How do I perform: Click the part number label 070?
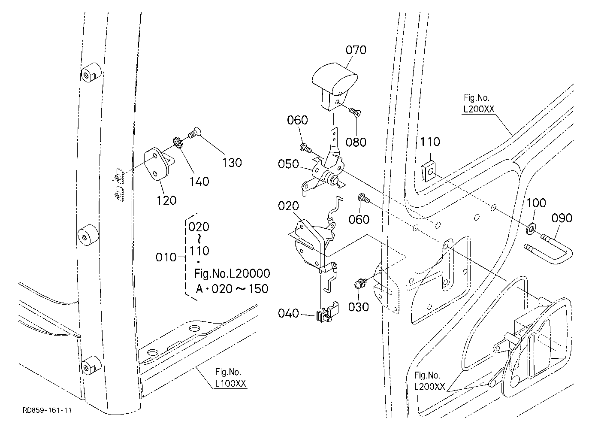pyautogui.click(x=356, y=50)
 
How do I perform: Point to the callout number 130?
pyautogui.click(x=232, y=163)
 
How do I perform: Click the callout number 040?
pyautogui.click(x=288, y=313)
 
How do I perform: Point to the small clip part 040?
pyautogui.click(x=327, y=312)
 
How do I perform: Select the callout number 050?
pyautogui.click(x=288, y=164)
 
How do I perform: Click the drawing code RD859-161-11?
pyautogui.click(x=47, y=410)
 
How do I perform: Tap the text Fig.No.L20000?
pyautogui.click(x=232, y=273)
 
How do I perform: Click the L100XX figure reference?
pyautogui.click(x=230, y=384)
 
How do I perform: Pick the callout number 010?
pyautogui.click(x=166, y=257)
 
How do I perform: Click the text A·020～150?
pyautogui.click(x=232, y=289)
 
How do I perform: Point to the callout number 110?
pyautogui.click(x=430, y=142)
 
